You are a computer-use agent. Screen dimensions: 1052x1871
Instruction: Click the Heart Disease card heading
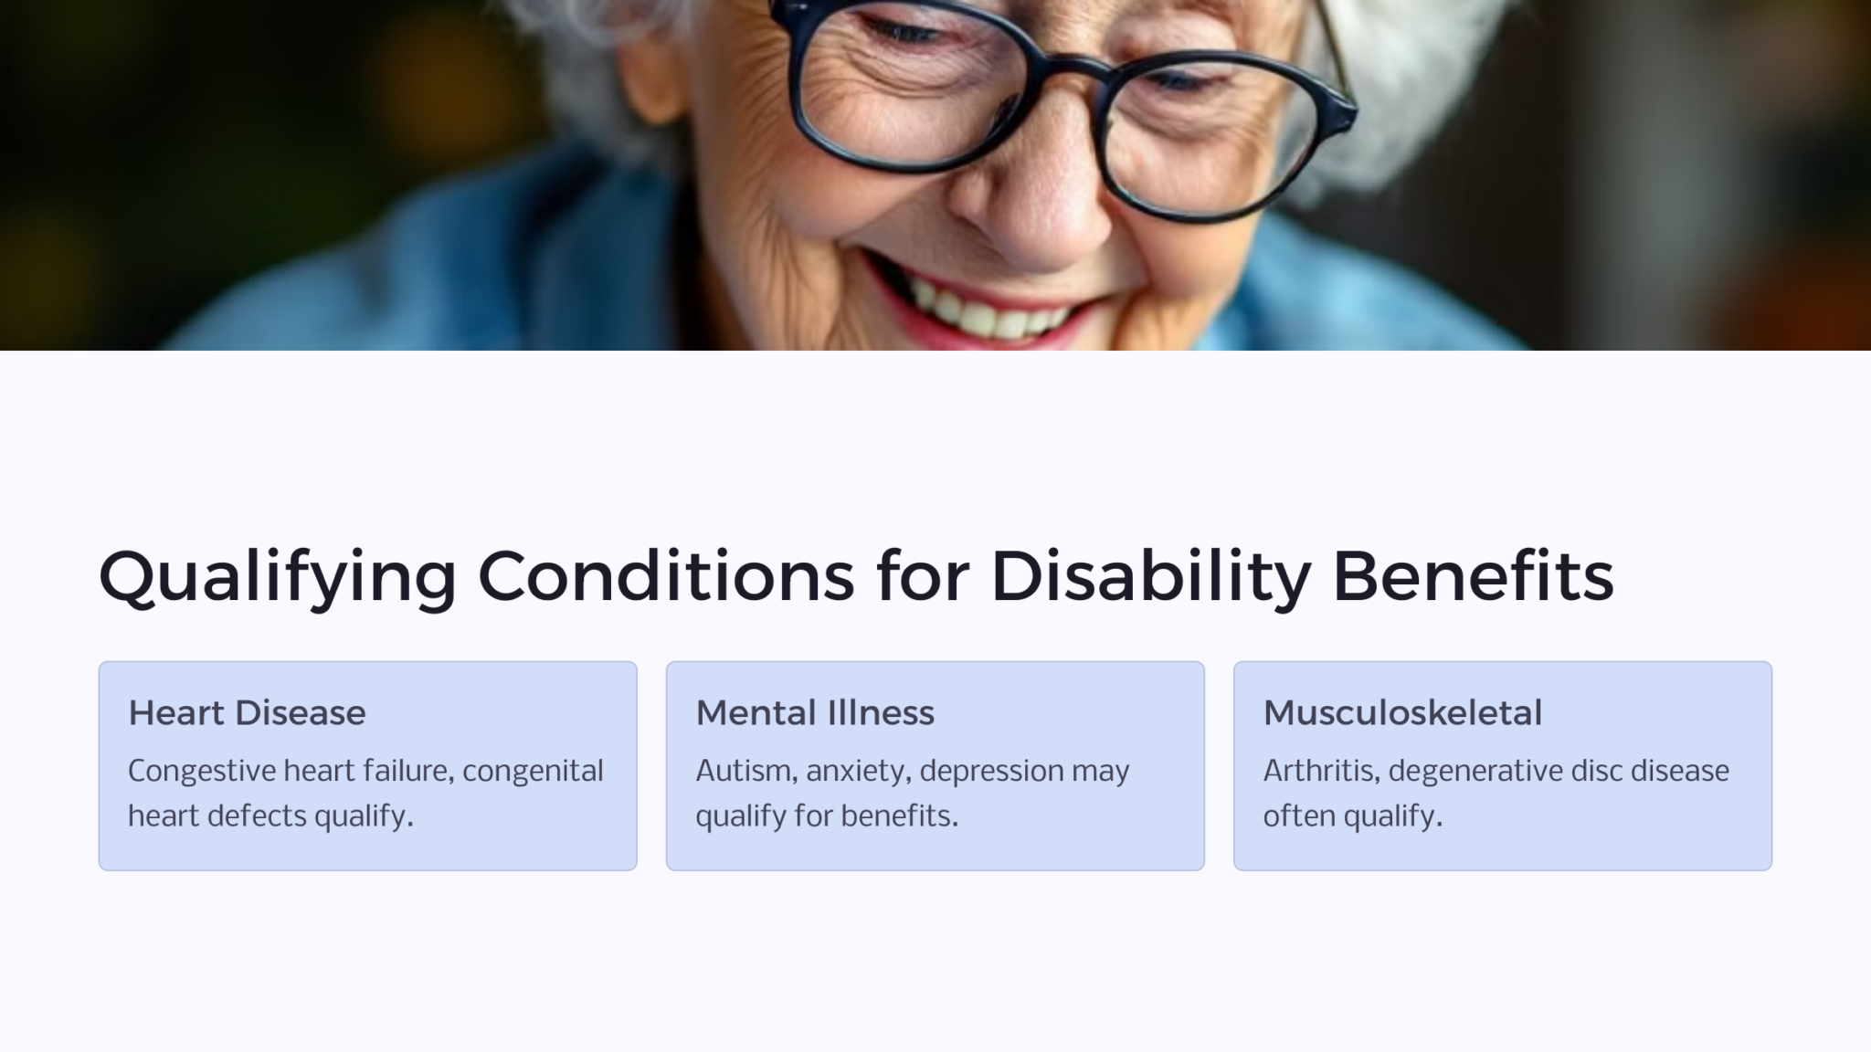pyautogui.click(x=247, y=713)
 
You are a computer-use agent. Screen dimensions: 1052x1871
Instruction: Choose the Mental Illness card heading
pyautogui.click(x=815, y=713)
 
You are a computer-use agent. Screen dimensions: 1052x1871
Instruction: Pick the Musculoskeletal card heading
pyautogui.click(x=1402, y=713)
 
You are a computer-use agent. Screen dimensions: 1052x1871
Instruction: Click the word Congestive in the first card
pyautogui.click(x=201, y=772)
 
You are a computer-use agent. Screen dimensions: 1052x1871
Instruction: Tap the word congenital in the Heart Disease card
pyautogui.click(x=533, y=772)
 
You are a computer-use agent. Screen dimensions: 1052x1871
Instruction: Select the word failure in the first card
pyautogui.click(x=412, y=772)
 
